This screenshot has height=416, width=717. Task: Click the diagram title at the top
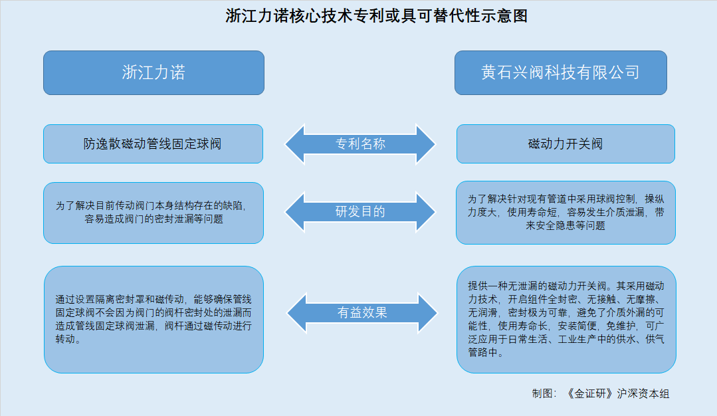[376, 16]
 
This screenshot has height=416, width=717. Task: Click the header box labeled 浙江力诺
[154, 72]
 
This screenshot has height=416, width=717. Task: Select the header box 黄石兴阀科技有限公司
[561, 72]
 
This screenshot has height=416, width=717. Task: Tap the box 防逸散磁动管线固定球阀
[154, 144]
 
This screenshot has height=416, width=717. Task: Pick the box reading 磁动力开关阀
[565, 144]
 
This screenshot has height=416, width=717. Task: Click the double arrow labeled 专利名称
[360, 144]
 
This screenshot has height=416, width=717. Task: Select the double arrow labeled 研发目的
[360, 212]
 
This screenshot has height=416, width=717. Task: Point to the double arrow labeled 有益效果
[362, 313]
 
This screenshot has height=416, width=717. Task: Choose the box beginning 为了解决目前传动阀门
[154, 213]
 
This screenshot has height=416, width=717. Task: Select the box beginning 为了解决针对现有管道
[565, 213]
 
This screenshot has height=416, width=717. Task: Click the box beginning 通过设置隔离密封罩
[154, 320]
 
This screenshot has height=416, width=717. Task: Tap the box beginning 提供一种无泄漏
[566, 320]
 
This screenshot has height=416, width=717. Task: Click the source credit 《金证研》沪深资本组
[617, 393]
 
